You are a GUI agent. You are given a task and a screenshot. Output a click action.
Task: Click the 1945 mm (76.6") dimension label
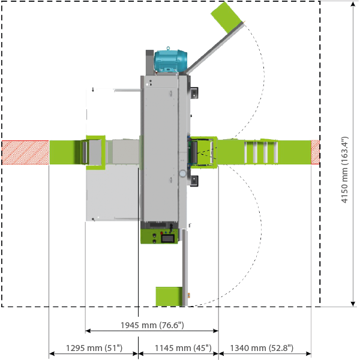point(151,325)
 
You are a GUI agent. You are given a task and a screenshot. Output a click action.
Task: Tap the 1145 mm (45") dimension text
point(178,348)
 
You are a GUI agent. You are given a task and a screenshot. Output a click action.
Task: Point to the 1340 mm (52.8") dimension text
point(265,348)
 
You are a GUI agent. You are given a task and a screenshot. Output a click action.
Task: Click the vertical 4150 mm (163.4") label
point(345,170)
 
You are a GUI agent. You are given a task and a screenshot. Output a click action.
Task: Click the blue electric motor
point(171,62)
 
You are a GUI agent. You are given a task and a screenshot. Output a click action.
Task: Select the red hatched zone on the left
point(25,152)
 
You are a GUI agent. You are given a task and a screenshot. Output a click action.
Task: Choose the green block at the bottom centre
point(168,296)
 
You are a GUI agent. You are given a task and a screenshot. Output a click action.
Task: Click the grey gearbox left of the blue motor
point(149,63)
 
